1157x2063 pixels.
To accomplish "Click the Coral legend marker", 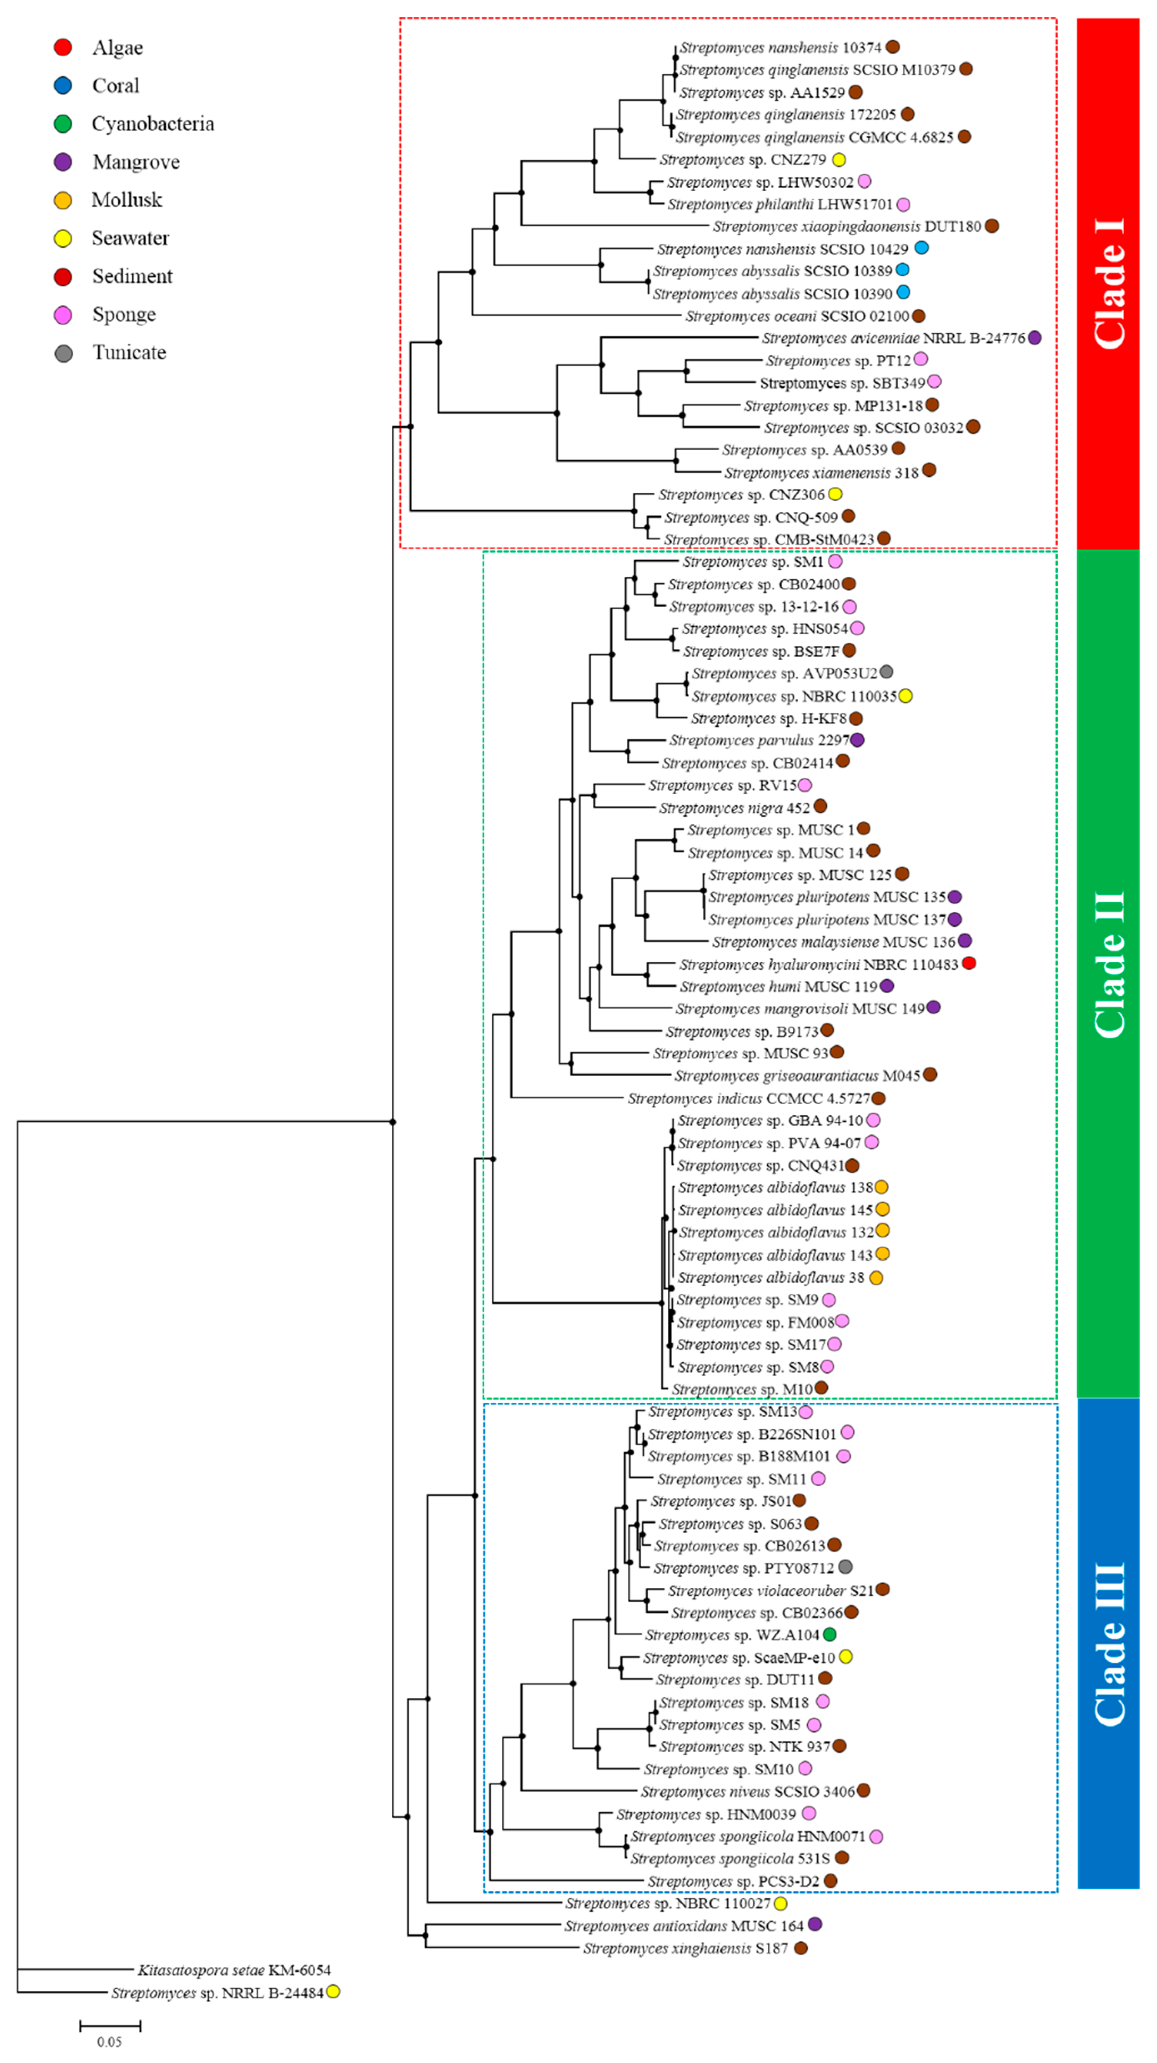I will click(63, 86).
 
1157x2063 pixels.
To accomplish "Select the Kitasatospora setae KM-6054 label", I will click(234, 1969).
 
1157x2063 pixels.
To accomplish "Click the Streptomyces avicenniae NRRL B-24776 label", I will click(894, 338).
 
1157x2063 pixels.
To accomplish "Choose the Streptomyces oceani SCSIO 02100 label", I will click(797, 316).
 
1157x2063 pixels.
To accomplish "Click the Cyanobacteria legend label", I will click(153, 124).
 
